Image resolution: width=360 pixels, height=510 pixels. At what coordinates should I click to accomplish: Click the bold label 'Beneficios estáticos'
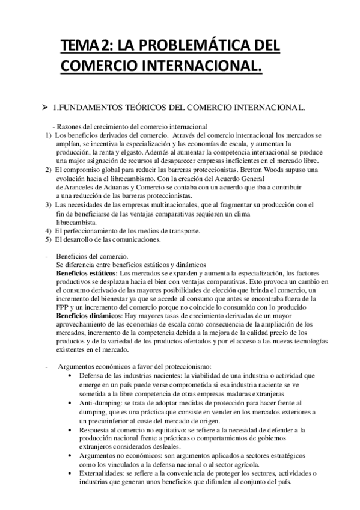87,272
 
